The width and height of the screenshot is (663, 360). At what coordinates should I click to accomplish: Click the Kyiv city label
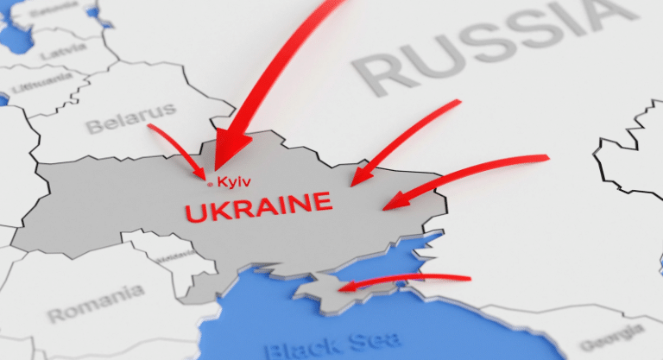click(236, 181)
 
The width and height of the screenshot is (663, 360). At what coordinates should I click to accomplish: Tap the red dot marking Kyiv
click(210, 182)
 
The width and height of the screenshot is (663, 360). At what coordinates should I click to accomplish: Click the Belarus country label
click(130, 118)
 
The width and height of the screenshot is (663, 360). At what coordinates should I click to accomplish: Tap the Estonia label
click(51, 14)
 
